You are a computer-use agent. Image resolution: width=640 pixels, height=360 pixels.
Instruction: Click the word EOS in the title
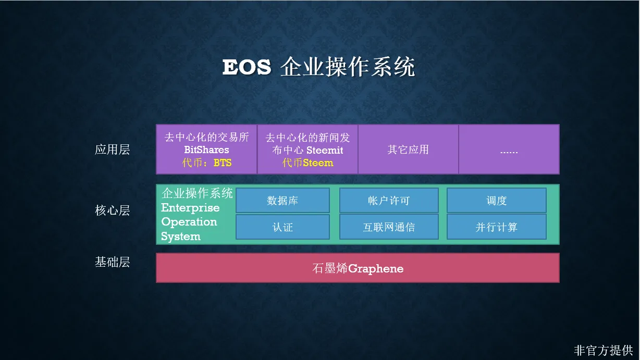tap(247, 67)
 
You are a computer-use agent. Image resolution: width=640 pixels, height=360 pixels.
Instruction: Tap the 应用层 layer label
tap(112, 150)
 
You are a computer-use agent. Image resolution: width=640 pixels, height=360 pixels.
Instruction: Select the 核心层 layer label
tap(112, 210)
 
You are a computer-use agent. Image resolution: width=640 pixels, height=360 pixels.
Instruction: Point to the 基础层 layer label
tap(112, 262)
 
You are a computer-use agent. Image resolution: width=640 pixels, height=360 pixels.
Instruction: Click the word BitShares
tap(206, 150)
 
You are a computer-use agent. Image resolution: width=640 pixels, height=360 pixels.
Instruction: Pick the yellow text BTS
tap(223, 163)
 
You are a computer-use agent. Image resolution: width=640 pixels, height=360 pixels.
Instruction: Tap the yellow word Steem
tap(318, 163)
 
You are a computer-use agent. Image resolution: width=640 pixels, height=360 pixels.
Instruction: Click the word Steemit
tap(325, 150)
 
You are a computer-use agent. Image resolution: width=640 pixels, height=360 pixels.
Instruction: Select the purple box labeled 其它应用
tap(408, 149)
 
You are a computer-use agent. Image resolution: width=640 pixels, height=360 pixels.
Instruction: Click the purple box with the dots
tap(509, 149)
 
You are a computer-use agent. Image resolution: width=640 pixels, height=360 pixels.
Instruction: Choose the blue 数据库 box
tap(282, 200)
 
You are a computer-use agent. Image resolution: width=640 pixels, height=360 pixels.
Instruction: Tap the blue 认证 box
tap(282, 227)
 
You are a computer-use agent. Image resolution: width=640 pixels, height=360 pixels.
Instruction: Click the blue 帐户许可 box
tap(389, 200)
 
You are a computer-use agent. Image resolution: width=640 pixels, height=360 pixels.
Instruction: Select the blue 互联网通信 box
tap(389, 227)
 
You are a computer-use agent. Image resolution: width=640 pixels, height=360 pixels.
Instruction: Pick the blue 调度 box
tap(497, 200)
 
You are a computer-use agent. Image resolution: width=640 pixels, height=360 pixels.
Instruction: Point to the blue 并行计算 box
tap(497, 227)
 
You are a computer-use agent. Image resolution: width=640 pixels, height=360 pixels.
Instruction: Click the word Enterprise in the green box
tap(190, 208)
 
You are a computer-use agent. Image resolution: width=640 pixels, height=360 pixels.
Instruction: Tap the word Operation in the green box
tap(189, 222)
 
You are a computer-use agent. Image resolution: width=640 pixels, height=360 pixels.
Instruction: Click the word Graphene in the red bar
tap(376, 269)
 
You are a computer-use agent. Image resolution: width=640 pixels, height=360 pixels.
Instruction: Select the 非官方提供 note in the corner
tap(603, 350)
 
